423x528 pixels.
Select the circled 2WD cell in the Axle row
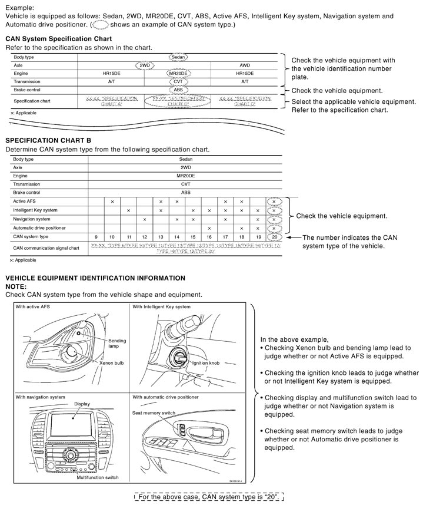[x=145, y=65]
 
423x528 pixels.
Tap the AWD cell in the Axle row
[x=245, y=65]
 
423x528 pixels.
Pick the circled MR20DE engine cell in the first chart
[x=178, y=74]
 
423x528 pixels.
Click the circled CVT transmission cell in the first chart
[x=178, y=82]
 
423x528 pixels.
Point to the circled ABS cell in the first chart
[x=178, y=90]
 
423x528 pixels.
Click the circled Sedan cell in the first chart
[x=178, y=57]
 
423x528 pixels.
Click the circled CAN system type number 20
[x=274, y=236]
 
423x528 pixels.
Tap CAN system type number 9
[x=96, y=236]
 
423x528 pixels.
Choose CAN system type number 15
[x=193, y=236]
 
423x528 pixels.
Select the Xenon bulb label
[x=114, y=364]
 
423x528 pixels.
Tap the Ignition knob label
[x=205, y=363]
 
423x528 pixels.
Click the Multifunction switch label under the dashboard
[x=98, y=477]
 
